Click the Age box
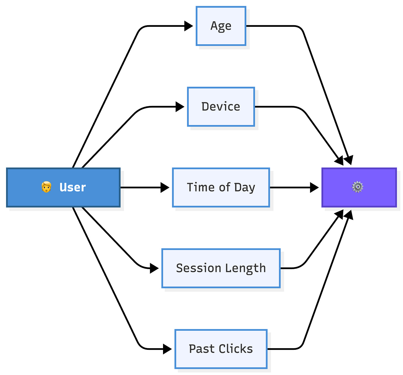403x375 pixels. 221,26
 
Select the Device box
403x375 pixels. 221,107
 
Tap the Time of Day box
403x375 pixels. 221,187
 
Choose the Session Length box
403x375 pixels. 221,268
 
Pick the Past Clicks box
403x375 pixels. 221,349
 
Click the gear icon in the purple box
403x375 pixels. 358,187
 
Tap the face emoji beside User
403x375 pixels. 46,187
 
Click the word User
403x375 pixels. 73,187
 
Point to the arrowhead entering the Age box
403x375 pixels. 188,26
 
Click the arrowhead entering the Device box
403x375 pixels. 180,107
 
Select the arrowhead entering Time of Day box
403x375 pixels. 165,187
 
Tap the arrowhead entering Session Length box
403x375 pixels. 154,268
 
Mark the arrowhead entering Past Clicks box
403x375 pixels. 167,349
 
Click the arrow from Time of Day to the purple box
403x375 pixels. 294,187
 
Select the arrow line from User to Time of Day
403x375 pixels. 145,187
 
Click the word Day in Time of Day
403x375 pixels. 244,187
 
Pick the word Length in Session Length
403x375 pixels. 245,268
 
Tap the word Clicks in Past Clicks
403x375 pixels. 236,349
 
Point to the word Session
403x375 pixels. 198,268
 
